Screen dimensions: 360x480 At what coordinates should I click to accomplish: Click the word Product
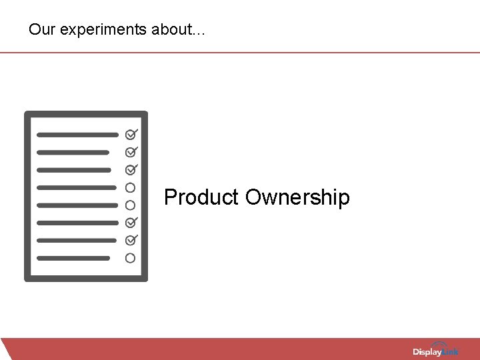click(x=201, y=197)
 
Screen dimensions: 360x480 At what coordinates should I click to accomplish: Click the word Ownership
click(x=297, y=198)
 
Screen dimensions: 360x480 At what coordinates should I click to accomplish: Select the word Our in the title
click(x=39, y=30)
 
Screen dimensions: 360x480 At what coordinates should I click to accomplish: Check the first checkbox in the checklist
click(x=131, y=134)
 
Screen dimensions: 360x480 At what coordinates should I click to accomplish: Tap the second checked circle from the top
click(x=131, y=152)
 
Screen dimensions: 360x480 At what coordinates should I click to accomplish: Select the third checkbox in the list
click(x=131, y=169)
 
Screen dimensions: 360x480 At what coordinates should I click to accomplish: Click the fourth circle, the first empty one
click(x=131, y=187)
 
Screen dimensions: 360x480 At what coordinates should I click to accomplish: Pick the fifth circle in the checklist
click(x=131, y=205)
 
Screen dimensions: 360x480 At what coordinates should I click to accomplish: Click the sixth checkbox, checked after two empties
click(x=131, y=222)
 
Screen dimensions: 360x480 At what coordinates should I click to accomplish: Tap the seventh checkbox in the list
click(x=131, y=240)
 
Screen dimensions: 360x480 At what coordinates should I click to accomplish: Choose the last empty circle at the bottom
click(x=131, y=257)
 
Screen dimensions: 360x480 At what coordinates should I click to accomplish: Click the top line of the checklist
click(x=77, y=135)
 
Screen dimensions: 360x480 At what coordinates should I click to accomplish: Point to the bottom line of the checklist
click(x=73, y=258)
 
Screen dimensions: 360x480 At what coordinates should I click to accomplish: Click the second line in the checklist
click(x=73, y=152)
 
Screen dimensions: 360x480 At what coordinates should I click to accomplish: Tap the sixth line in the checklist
click(x=77, y=223)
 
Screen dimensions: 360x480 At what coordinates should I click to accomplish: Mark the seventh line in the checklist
click(x=76, y=240)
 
